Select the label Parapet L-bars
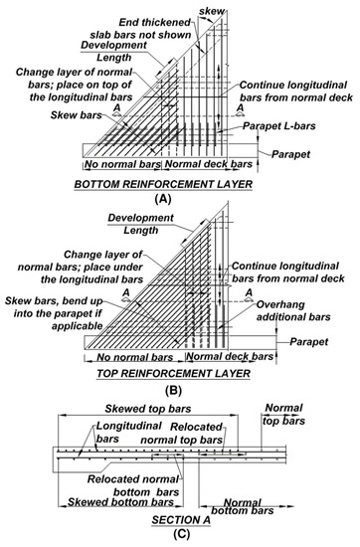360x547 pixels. click(276, 126)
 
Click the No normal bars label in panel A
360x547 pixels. click(117, 163)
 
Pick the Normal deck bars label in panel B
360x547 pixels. click(231, 357)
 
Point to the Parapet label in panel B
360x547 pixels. click(311, 340)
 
